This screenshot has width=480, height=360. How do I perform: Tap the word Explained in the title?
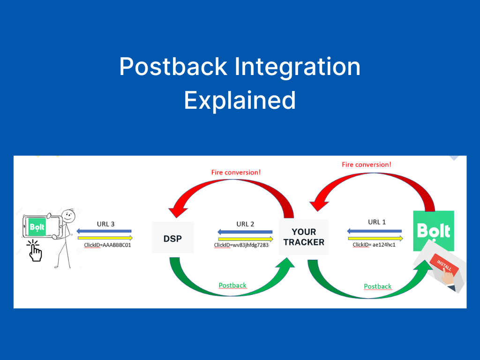click(240, 100)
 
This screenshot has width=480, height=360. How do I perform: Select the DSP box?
click(173, 238)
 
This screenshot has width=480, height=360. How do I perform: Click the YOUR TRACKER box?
click(304, 237)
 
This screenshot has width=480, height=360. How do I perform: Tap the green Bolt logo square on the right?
click(433, 230)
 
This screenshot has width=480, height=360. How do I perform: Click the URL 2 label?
click(246, 224)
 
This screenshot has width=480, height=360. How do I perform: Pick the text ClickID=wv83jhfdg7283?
click(241, 245)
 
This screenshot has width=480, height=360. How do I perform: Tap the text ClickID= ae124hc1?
click(374, 245)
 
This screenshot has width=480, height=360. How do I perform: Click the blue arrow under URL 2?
click(245, 232)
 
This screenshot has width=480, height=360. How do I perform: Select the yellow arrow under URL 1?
click(375, 238)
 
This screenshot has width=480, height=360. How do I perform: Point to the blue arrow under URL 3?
click(104, 231)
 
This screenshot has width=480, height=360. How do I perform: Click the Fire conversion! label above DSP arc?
click(236, 172)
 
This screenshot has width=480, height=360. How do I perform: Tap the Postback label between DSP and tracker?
click(232, 285)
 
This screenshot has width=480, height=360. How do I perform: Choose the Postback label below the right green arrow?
click(378, 286)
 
